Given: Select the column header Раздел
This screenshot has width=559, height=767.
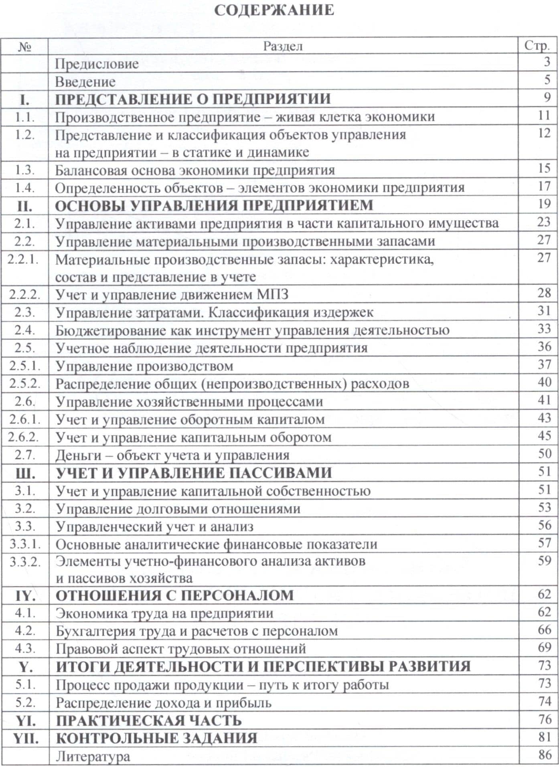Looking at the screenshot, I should point(283,46).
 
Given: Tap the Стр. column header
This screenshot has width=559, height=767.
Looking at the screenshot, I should point(537,46).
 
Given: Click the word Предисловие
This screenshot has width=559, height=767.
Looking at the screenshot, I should point(97,64).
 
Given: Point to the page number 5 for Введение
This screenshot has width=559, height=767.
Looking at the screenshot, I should point(547,80).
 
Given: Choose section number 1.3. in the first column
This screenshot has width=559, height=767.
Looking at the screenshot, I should point(24,170).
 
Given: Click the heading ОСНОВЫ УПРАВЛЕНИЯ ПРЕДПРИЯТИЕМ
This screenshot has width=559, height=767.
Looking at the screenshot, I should point(214,205).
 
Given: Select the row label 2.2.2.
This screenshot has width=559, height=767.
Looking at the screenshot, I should point(24,295).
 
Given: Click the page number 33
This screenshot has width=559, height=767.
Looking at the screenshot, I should point(544,329).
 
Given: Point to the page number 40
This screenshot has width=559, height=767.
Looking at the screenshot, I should point(544,382).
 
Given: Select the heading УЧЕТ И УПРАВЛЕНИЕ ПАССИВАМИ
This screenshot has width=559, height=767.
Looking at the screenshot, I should point(194,473).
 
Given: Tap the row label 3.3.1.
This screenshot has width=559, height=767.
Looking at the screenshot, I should point(24,544).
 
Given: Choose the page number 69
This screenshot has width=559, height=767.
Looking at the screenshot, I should point(544,647).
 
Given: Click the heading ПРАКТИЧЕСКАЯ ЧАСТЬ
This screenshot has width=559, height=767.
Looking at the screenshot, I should point(148,720).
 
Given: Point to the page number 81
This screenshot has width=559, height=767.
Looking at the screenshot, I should point(544,737).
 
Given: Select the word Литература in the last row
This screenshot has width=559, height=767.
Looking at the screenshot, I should point(93,756).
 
